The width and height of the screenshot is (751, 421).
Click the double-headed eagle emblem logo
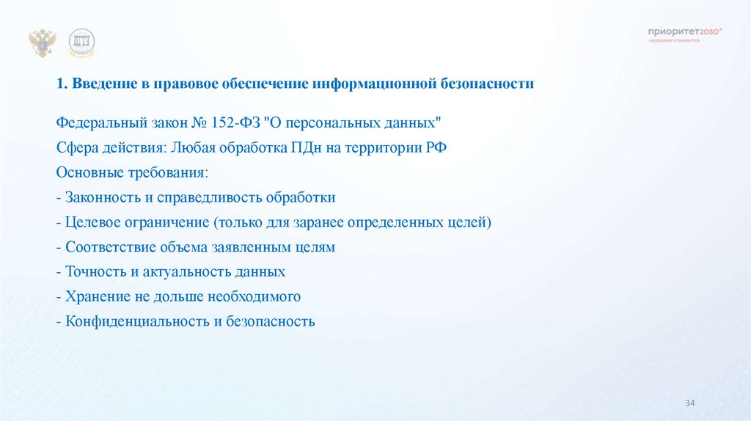tap(43, 43)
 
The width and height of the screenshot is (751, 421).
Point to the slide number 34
tap(689, 404)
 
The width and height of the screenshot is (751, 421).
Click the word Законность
tap(100, 197)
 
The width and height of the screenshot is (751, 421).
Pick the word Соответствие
tap(108, 247)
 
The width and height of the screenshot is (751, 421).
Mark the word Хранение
tap(96, 297)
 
